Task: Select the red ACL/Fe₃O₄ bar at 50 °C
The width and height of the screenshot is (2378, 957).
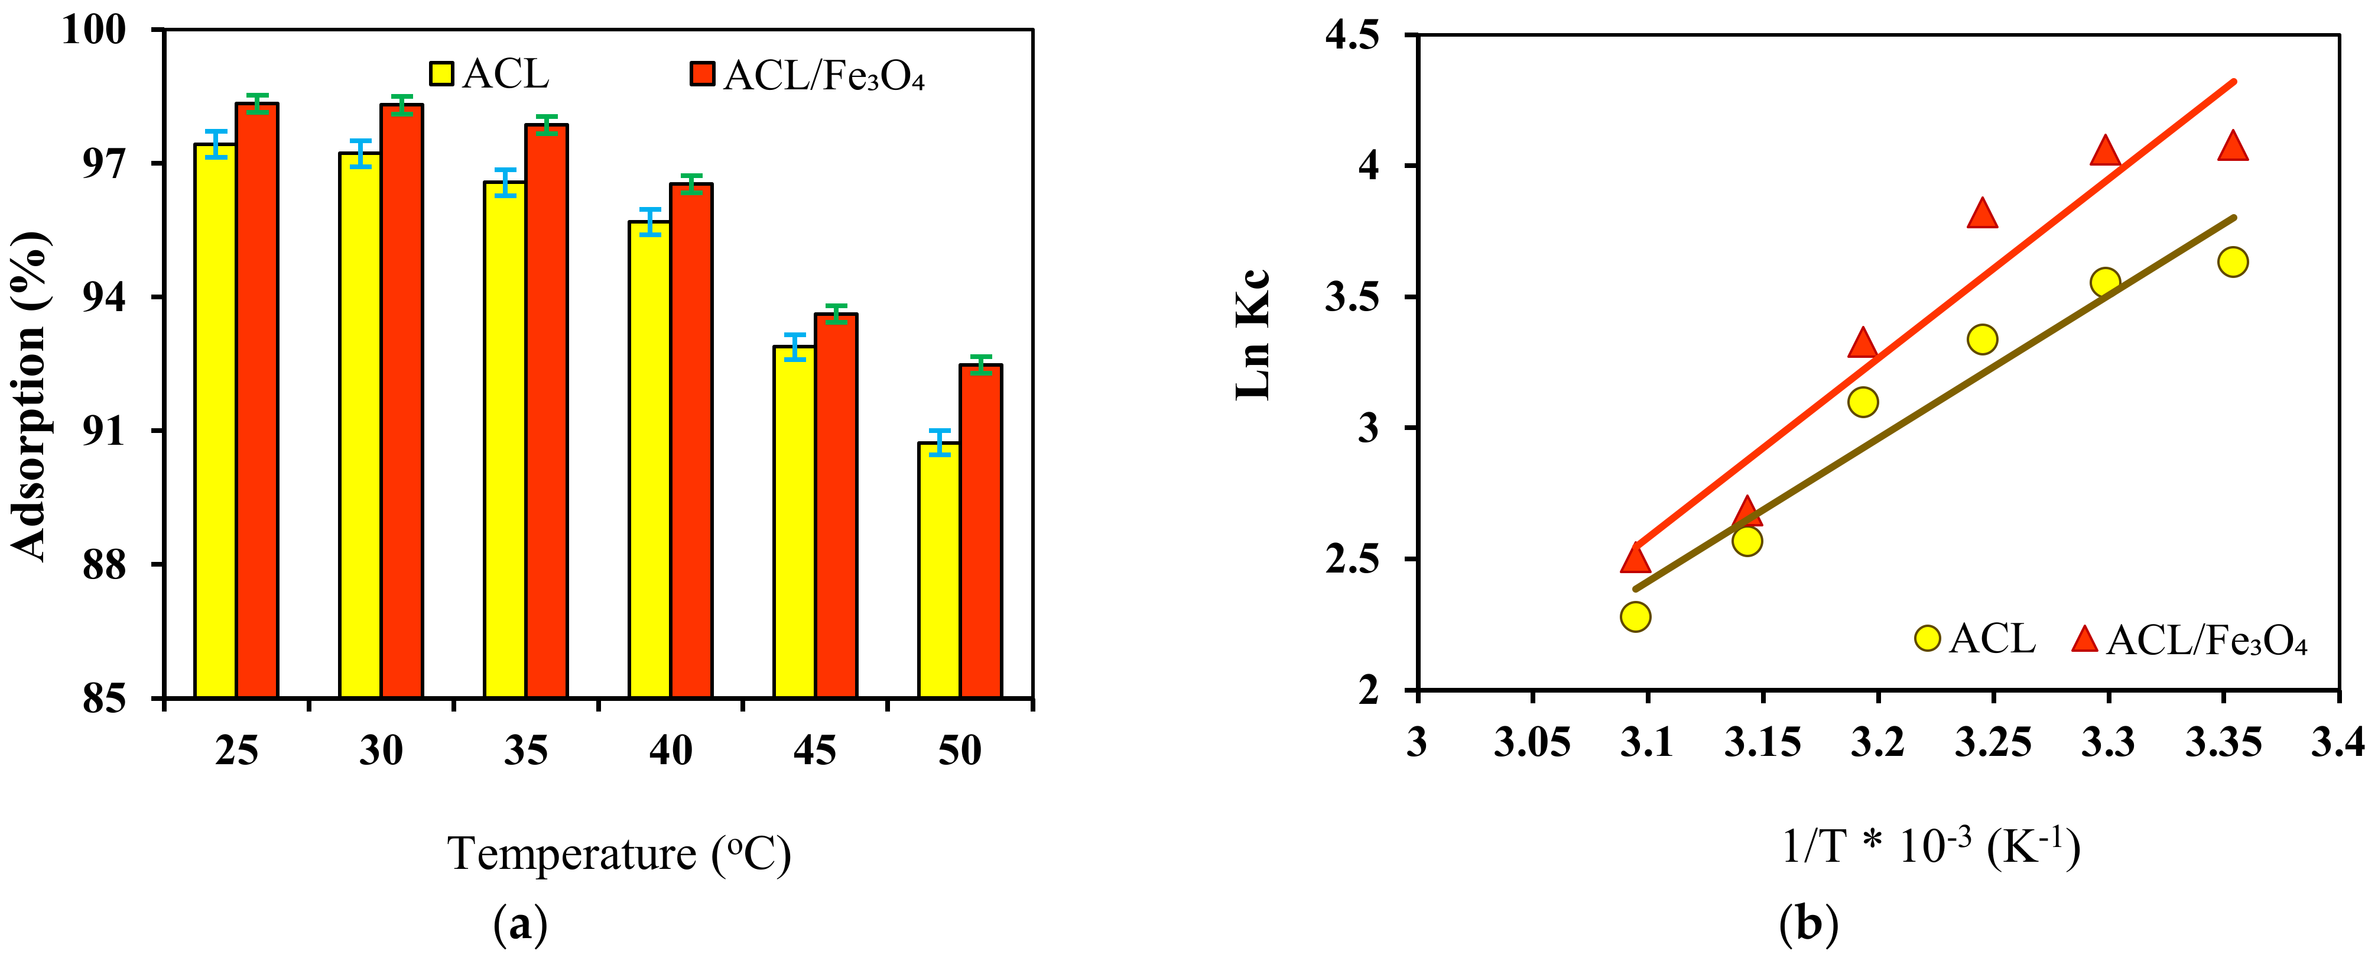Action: point(980,531)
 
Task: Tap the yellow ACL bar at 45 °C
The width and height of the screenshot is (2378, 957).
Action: point(794,522)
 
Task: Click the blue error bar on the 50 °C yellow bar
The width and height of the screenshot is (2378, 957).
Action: point(939,442)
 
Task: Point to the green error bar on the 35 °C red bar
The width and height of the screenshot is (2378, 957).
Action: point(547,125)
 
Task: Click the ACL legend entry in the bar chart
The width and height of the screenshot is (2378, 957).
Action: point(489,74)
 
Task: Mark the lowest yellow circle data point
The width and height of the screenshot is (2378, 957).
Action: point(1635,616)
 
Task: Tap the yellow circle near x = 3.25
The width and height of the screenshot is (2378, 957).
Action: point(1982,339)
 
